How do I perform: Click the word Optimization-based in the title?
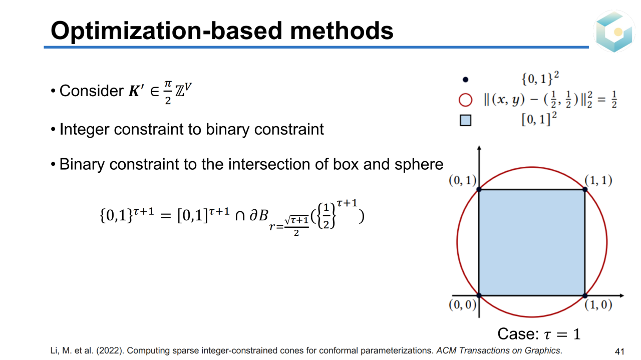[166, 31]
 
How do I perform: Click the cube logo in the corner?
[614, 31]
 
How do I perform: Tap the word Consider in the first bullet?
[91, 91]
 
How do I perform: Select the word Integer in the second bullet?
[84, 129]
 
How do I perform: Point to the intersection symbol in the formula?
[240, 216]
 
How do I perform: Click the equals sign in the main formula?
[166, 216]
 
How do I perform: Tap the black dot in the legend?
[465, 80]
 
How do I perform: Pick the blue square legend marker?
[465, 121]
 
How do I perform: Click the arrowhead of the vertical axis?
[479, 148]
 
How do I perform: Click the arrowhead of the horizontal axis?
[621, 295]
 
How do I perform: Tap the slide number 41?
[619, 351]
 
